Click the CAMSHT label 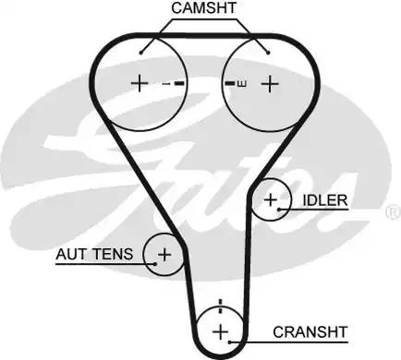coord(203,8)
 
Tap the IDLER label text coord(323,199)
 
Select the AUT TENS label coord(96,253)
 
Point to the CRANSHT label coord(310,331)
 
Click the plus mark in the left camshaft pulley coord(139,83)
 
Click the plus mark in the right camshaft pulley coord(269,83)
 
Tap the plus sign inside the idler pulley coord(271,198)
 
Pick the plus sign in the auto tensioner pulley coord(164,253)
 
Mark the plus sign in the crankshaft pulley coord(220,331)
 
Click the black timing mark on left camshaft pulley coord(179,84)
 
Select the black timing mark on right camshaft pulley coord(230,84)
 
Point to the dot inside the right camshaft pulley coord(267,53)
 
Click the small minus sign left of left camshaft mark coord(165,84)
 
